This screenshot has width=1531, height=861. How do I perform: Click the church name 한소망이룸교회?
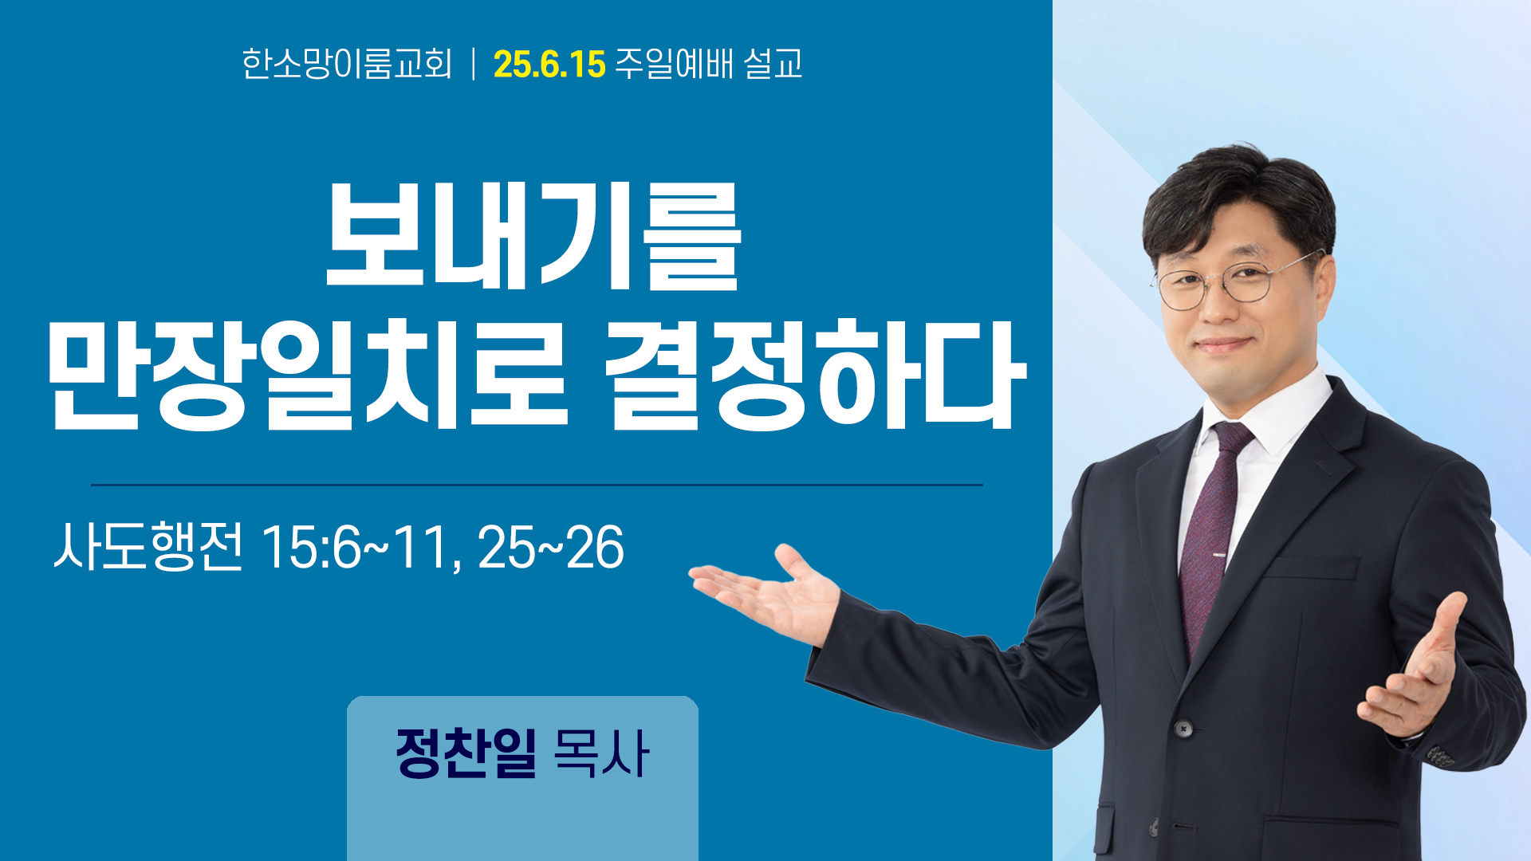coord(347,64)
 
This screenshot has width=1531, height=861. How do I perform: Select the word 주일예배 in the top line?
coord(674,64)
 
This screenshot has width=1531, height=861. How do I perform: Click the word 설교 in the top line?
coord(773,64)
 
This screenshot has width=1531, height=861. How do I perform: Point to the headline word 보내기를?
coord(533,236)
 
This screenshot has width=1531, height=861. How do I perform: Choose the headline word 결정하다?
coord(814,374)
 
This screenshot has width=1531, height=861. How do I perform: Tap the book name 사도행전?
coord(148,547)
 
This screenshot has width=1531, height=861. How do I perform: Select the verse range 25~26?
coord(551,548)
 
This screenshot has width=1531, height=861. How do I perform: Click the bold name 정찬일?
coord(466,753)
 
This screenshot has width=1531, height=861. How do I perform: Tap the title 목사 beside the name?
coord(601,753)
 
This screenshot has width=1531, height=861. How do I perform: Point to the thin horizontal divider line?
coord(537,485)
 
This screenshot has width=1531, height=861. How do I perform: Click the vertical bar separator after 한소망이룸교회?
coord(474,64)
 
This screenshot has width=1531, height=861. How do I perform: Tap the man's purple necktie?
coord(1210,534)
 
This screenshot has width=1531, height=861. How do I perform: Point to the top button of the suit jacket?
coord(1184,728)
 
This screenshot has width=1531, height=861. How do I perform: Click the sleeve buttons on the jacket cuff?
coord(1440,754)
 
